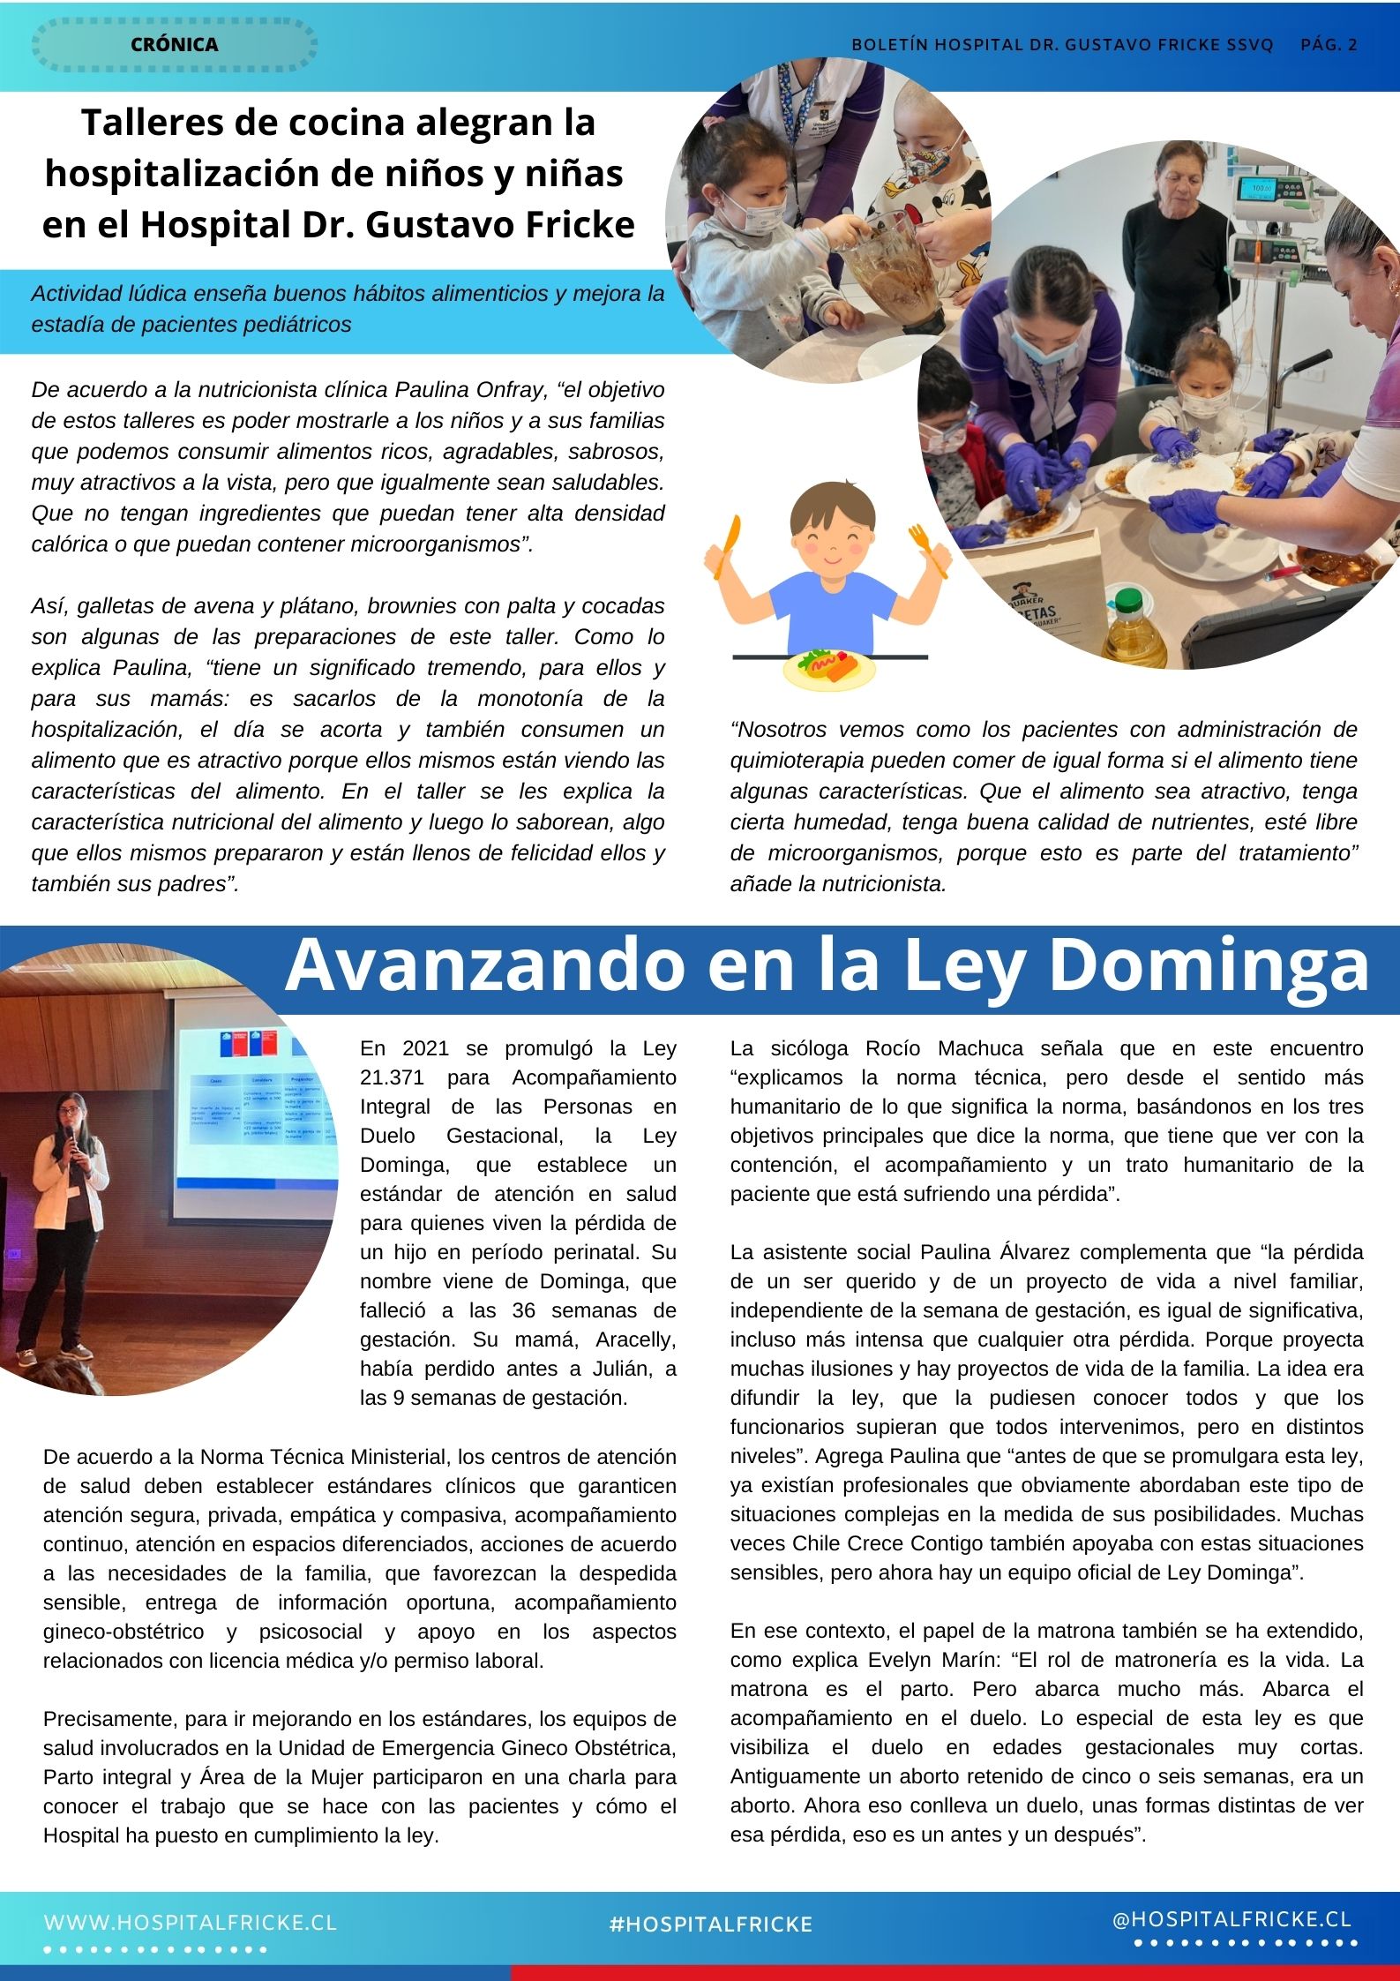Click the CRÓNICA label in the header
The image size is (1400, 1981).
pos(174,44)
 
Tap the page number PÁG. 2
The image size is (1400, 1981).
pos(1329,45)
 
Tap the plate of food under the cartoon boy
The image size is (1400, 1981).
pos(828,668)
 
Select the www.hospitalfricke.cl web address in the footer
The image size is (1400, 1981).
pos(191,1923)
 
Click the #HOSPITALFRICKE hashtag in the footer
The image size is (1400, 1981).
pos(710,1925)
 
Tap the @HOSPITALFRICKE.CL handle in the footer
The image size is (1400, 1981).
pos(1232,1920)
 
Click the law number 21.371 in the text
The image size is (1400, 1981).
pos(395,1077)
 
